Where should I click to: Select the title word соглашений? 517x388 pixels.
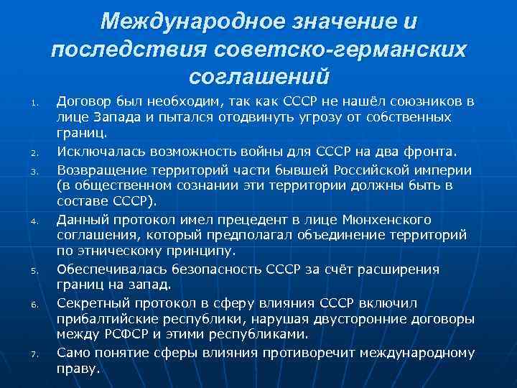point(258,75)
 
